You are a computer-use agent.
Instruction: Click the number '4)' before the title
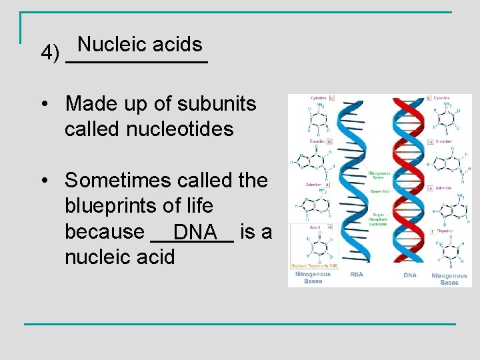pyautogui.click(x=50, y=52)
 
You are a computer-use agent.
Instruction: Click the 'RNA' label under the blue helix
pyautogui.click(x=357, y=275)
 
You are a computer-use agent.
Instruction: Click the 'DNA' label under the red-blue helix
pyautogui.click(x=410, y=275)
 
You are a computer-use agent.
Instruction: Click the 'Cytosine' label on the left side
pyautogui.click(x=318, y=98)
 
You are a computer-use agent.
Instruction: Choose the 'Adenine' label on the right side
pyautogui.click(x=445, y=188)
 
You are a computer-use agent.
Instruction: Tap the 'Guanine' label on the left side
pyautogui.click(x=315, y=142)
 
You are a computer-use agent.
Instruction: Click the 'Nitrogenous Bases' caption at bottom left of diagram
pyautogui.click(x=313, y=278)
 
